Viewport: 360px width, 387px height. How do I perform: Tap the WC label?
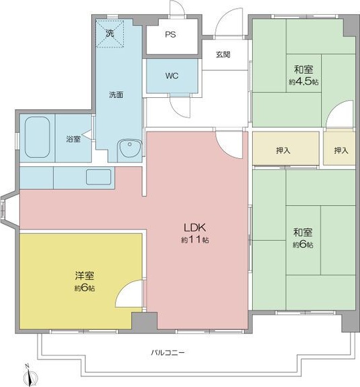pos(172,76)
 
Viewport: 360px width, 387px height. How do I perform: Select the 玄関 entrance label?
pos(223,55)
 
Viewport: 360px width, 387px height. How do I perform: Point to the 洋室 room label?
pos(84,276)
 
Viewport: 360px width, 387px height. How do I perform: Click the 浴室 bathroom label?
pos(73,140)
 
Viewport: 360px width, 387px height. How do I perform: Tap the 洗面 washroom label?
pos(116,95)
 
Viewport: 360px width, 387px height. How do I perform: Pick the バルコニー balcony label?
pos(168,351)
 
